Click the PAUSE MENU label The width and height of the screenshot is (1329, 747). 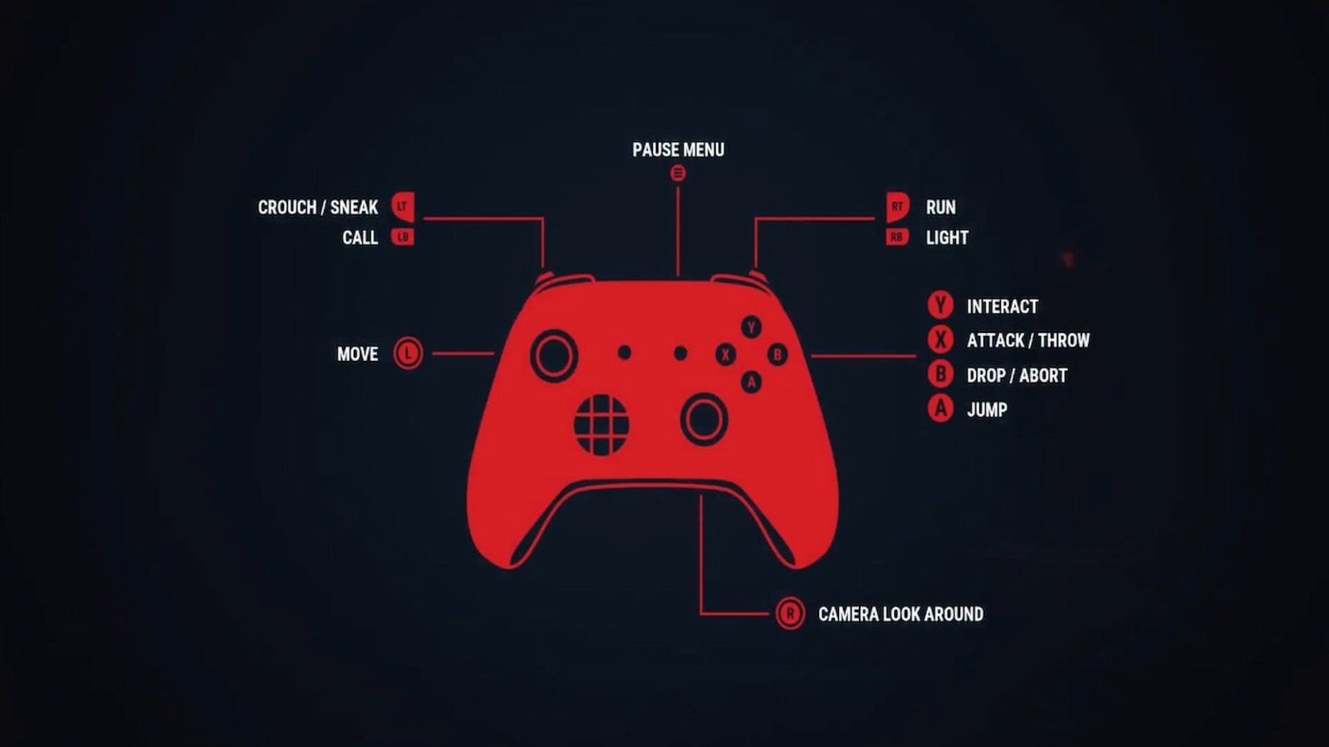(678, 150)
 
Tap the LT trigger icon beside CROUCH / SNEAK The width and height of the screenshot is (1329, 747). (403, 207)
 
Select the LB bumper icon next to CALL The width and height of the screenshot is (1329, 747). (403, 237)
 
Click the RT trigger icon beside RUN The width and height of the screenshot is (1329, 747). (898, 207)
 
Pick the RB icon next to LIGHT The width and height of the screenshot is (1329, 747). (897, 237)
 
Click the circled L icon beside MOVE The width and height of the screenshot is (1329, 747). (408, 354)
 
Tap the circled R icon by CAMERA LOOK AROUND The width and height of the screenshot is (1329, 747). (790, 613)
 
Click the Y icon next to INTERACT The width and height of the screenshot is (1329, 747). (940, 305)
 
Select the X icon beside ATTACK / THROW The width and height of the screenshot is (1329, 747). (940, 339)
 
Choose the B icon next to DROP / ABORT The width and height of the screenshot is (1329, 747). (940, 374)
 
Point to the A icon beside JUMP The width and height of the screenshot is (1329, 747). (940, 408)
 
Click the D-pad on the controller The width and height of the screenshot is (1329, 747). (601, 424)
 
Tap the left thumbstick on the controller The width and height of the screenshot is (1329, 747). (554, 356)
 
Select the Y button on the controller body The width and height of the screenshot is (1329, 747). (751, 327)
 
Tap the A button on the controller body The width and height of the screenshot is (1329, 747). (751, 382)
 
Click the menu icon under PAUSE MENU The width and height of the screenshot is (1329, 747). (678, 173)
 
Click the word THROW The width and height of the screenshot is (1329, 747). (1064, 340)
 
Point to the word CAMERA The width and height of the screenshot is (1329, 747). (848, 614)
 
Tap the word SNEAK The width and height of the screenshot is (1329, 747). (354, 207)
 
